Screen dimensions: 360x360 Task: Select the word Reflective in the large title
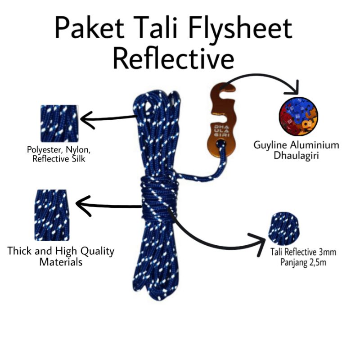pyautogui.click(x=173, y=58)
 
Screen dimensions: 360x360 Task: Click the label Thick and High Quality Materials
pyautogui.click(x=61, y=256)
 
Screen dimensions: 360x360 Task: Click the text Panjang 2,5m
pyautogui.click(x=302, y=261)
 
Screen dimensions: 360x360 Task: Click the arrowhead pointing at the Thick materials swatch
pyautogui.click(x=83, y=204)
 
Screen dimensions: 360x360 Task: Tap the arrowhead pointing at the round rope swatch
pyautogui.click(x=259, y=241)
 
